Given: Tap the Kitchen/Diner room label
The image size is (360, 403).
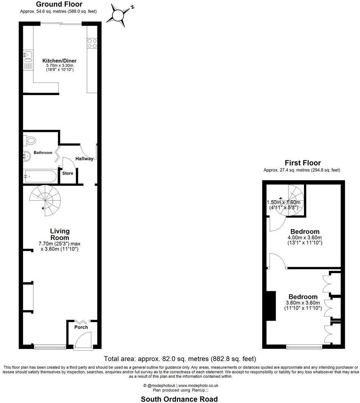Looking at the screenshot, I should pos(59,61).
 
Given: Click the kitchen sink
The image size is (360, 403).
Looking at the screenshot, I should pos(28,57).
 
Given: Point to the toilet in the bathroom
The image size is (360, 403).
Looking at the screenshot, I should pos(30,140).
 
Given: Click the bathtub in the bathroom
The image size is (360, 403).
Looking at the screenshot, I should pos(40,176).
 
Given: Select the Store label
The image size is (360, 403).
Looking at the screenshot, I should pos(68,173).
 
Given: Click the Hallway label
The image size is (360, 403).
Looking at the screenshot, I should pos(84,159).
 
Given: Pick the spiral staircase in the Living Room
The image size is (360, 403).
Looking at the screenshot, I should pos(45,201).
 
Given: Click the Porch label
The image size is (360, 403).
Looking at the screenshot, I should pos(81,327).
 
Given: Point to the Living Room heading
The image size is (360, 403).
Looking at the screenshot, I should pos(60,234).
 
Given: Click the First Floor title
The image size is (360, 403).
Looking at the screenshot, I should pos(302,163).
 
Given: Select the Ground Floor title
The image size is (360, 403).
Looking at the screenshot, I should pos(59,5).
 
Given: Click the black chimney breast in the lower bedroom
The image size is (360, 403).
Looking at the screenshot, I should pos(271,306).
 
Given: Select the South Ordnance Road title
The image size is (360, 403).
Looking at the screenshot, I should pos(179,399).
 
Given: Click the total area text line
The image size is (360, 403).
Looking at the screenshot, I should pos(180,359).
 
